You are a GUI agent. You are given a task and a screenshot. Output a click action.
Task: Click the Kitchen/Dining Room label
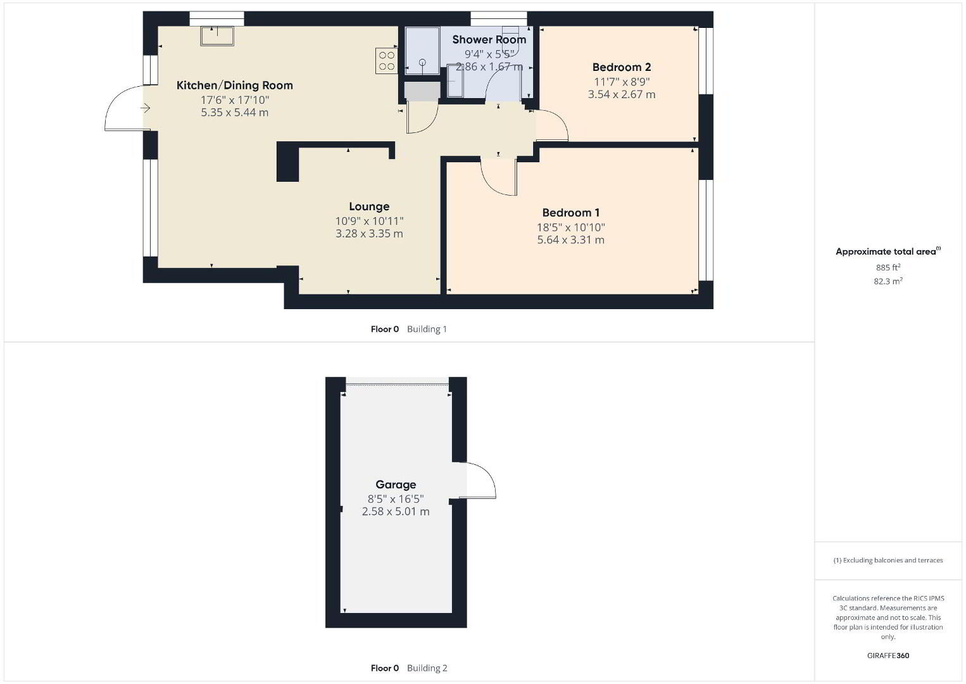tap(235, 85)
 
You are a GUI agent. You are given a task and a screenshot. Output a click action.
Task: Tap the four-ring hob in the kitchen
tap(386, 61)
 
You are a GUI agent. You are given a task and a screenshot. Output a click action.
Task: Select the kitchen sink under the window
tap(217, 36)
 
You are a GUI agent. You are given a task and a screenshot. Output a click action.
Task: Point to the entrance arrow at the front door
tap(146, 108)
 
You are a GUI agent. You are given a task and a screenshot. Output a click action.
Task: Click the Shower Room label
tap(489, 40)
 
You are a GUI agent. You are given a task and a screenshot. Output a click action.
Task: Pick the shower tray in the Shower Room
tap(422, 51)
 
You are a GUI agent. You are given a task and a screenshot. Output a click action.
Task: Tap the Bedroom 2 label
tap(622, 67)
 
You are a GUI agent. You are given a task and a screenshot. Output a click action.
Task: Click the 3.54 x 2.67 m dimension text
tap(622, 94)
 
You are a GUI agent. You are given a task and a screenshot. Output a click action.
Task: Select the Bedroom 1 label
tap(570, 213)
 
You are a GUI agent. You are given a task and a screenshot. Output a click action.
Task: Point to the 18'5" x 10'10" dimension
tap(570, 227)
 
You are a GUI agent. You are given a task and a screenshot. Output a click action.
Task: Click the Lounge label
tap(369, 206)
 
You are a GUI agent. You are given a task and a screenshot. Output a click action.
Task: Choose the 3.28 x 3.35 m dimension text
tap(369, 234)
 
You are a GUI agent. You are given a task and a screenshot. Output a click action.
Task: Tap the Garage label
tap(396, 485)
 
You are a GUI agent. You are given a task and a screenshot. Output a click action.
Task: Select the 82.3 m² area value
tap(888, 281)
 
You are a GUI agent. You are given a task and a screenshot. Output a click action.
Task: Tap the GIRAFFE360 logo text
tap(888, 655)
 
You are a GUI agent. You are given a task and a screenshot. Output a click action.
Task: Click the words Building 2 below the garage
tap(427, 668)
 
